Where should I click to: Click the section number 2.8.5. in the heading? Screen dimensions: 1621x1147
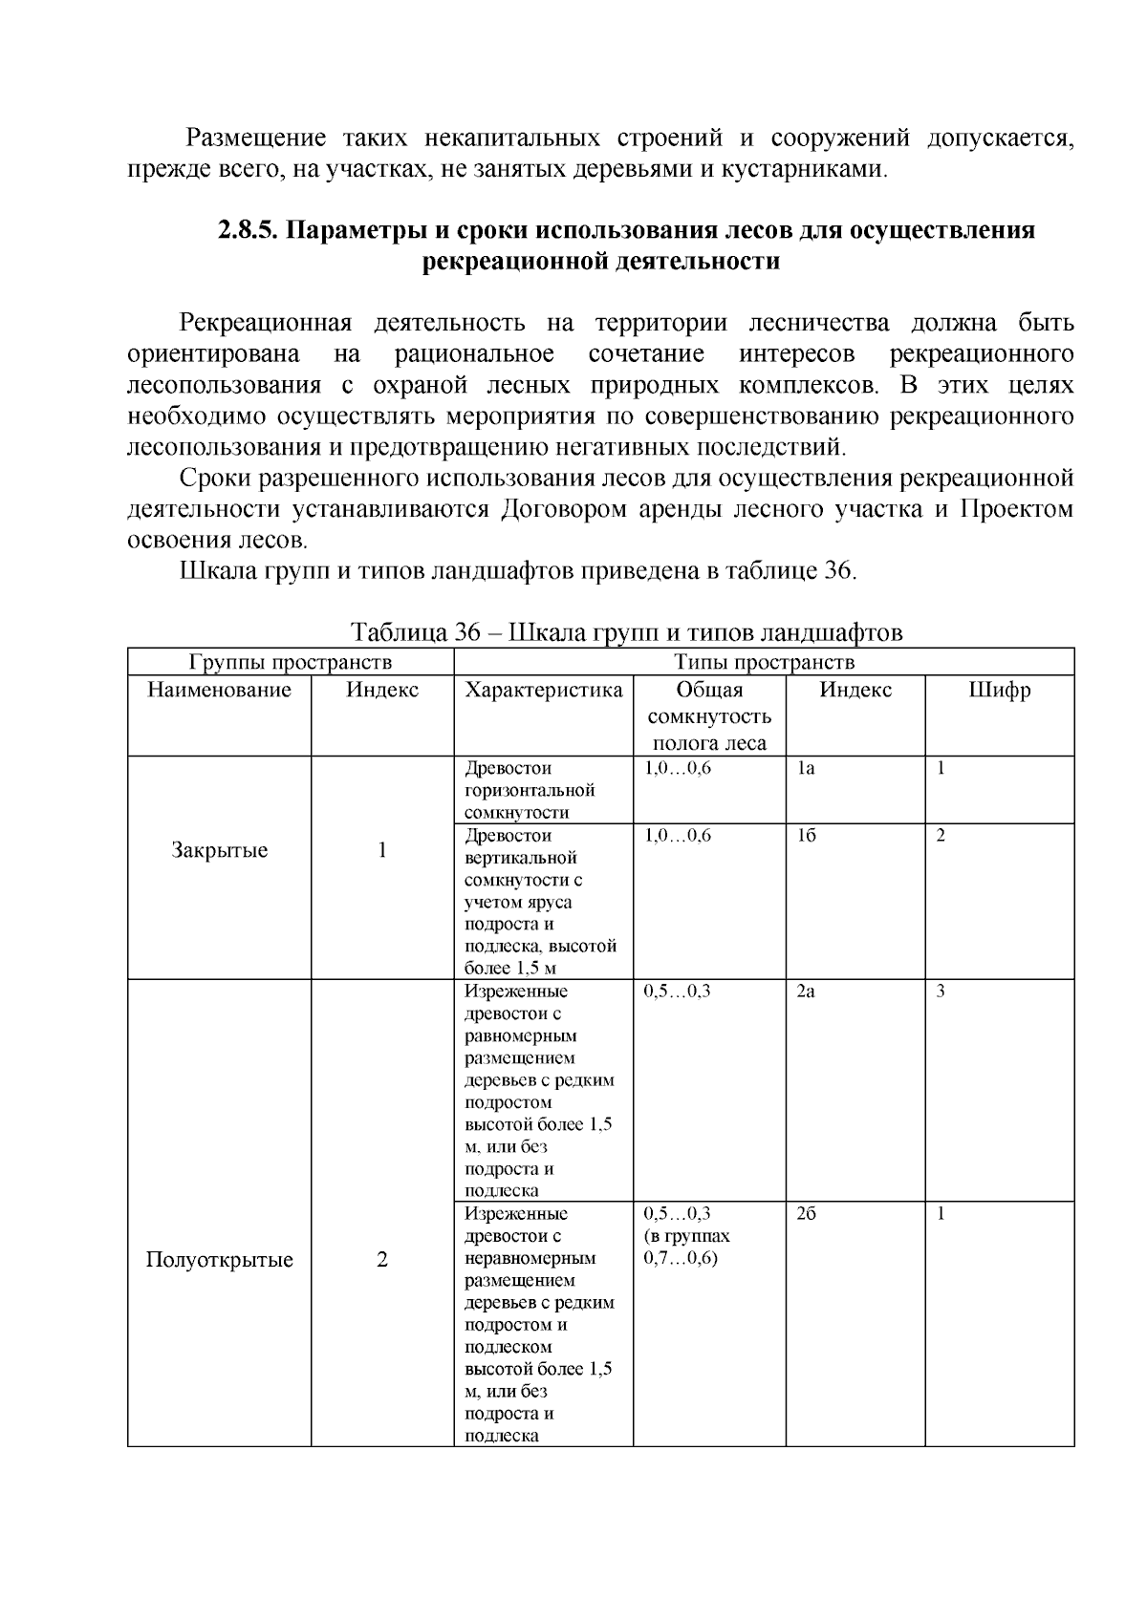tap(248, 230)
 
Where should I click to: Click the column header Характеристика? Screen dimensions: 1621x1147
tap(543, 690)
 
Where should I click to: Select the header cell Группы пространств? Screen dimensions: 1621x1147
tap(291, 662)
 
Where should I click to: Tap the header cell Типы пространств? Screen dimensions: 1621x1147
tap(763, 662)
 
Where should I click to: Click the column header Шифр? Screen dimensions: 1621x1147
tap(999, 690)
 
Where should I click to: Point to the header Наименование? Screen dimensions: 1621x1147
tap(219, 690)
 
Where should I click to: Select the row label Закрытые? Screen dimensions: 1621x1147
tap(219, 850)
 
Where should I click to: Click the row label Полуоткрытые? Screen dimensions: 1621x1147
tap(219, 1259)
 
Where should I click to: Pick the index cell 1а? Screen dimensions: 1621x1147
tap(805, 768)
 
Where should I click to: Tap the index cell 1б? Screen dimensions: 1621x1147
tap(806, 835)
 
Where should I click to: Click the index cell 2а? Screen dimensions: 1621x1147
tap(805, 991)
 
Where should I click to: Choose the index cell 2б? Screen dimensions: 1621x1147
tap(806, 1214)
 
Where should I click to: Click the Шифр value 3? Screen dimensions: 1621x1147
tap(941, 991)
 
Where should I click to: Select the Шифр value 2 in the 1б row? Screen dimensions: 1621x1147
tap(941, 835)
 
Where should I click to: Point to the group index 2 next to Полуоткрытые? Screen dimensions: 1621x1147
tap(382, 1259)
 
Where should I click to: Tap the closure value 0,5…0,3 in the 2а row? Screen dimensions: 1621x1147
tap(677, 991)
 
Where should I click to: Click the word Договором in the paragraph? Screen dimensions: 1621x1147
tap(562, 508)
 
